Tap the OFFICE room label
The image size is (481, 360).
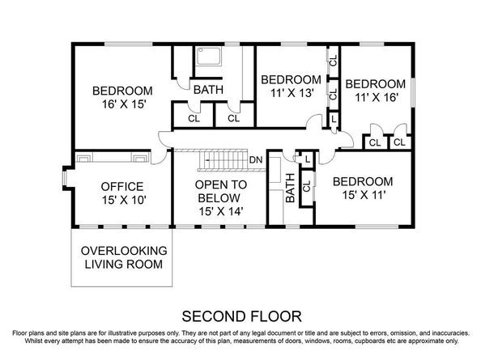click(121, 185)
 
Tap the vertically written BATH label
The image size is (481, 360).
click(291, 192)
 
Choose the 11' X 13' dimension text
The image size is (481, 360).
click(290, 95)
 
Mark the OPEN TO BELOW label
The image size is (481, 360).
click(219, 190)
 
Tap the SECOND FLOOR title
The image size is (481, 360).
click(240, 314)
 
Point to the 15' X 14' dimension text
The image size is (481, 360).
click(219, 211)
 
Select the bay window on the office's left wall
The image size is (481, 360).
click(66, 176)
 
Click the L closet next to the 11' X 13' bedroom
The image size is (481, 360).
click(334, 118)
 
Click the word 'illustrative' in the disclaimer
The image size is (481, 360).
click(142, 332)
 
